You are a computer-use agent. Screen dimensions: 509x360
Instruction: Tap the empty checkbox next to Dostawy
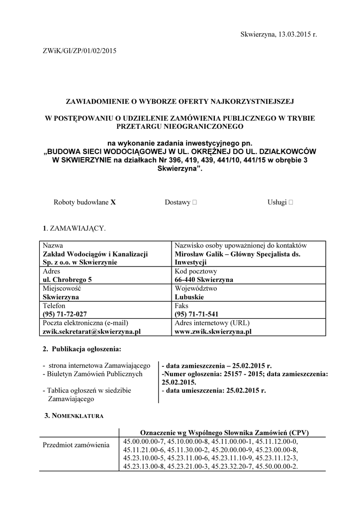click(194, 202)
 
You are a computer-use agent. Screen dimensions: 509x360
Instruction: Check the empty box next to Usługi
click(290, 202)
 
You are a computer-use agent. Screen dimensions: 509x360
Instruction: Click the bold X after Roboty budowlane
click(113, 202)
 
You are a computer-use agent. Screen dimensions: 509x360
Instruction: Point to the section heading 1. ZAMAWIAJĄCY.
click(74, 228)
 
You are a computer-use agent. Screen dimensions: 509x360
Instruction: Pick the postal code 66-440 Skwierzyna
click(204, 279)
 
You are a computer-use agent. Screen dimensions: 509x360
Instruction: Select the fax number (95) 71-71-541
click(196, 314)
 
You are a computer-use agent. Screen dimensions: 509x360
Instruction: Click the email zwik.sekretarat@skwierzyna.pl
click(91, 331)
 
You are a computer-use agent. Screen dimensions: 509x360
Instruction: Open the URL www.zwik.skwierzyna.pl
click(213, 331)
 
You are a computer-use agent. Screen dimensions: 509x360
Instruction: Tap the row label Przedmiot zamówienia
click(76, 445)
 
